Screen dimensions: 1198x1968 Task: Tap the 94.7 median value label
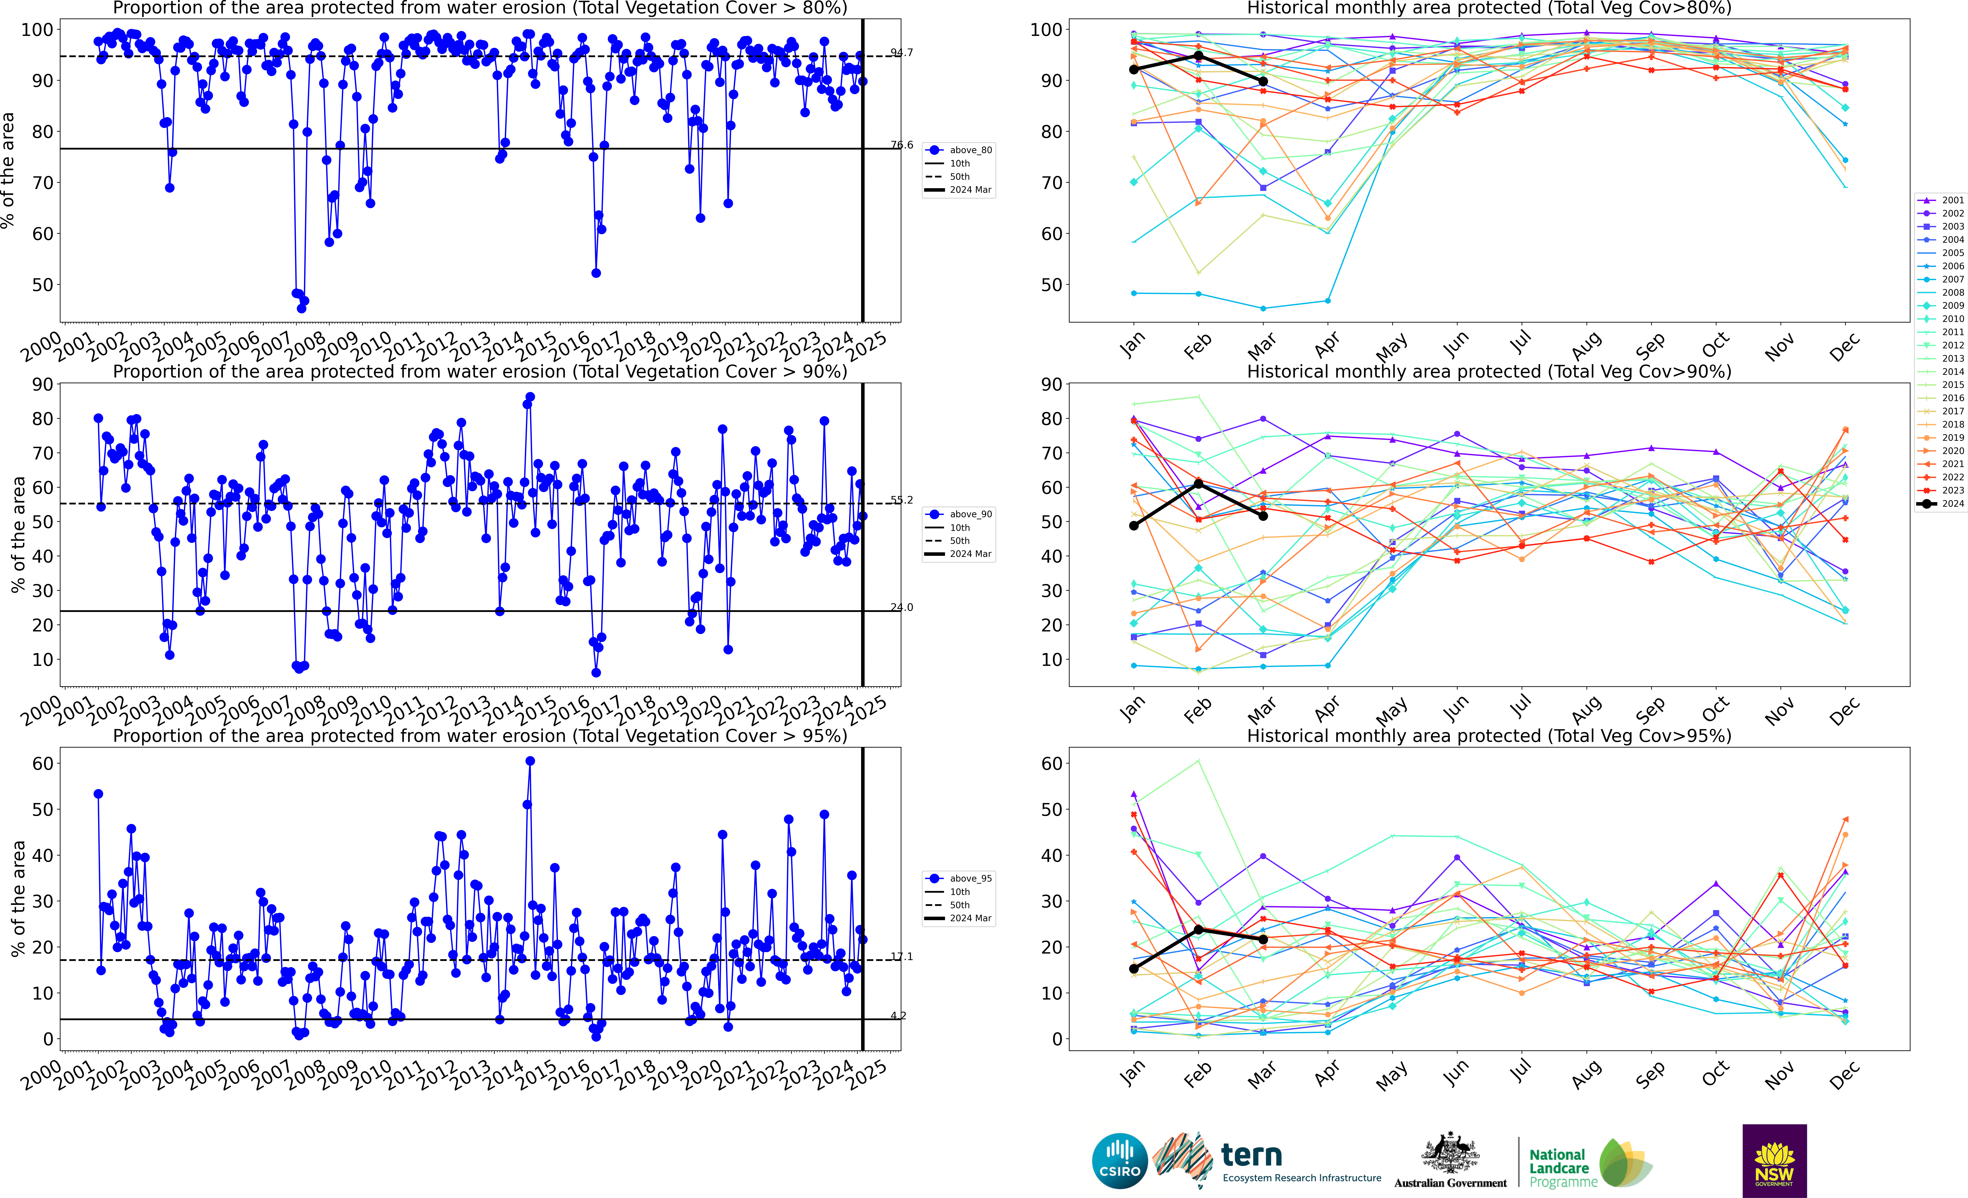pyautogui.click(x=902, y=53)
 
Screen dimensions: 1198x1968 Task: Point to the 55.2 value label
pyautogui.click(x=902, y=500)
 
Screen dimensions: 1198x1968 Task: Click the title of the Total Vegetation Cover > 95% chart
pyautogui.click(x=480, y=736)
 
